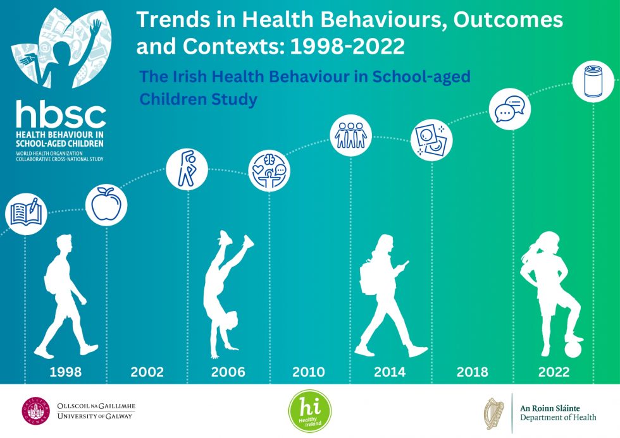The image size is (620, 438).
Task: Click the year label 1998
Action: (x=65, y=372)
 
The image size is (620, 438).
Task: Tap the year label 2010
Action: (x=309, y=372)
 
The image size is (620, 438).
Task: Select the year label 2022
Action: (x=554, y=372)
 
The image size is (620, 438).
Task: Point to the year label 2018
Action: (x=473, y=372)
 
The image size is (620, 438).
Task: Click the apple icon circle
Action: (x=106, y=205)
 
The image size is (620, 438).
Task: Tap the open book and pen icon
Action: (x=25, y=213)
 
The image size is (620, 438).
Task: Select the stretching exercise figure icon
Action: (x=188, y=168)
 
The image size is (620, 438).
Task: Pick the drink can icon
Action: (x=593, y=81)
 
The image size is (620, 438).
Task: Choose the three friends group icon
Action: (x=351, y=134)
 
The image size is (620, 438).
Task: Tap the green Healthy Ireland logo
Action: (x=309, y=411)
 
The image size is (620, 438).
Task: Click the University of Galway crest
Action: (x=37, y=411)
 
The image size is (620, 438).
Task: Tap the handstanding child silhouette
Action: (x=226, y=291)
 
